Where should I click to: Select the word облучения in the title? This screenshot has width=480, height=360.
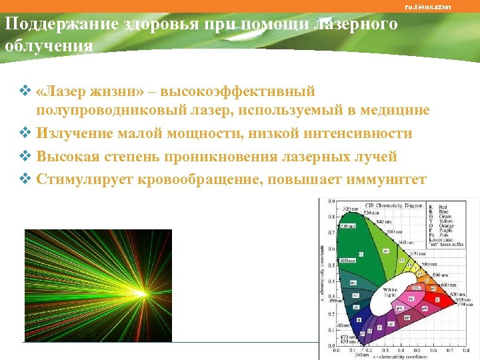(x=48, y=46)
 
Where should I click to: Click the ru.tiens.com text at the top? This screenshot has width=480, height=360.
(x=427, y=7)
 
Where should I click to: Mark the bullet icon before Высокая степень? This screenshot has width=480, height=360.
(x=27, y=157)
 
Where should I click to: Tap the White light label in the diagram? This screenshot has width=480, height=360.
(x=390, y=293)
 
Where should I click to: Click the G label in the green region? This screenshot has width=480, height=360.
(x=361, y=254)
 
